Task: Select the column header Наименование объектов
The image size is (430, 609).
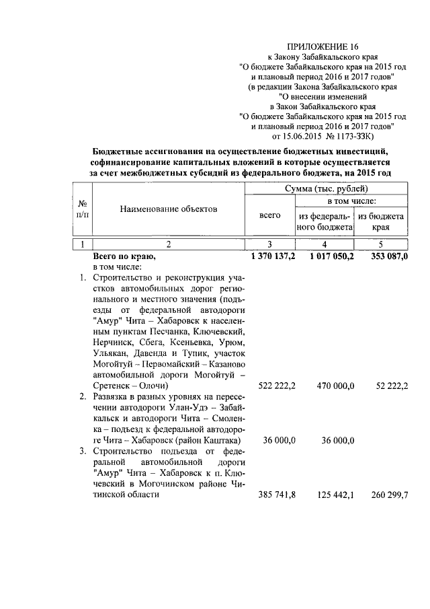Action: click(169, 209)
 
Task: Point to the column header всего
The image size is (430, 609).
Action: click(269, 216)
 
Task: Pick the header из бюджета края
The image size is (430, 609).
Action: click(381, 222)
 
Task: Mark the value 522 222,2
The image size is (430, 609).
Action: click(277, 386)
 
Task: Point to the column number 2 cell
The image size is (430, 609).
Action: click(169, 244)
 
